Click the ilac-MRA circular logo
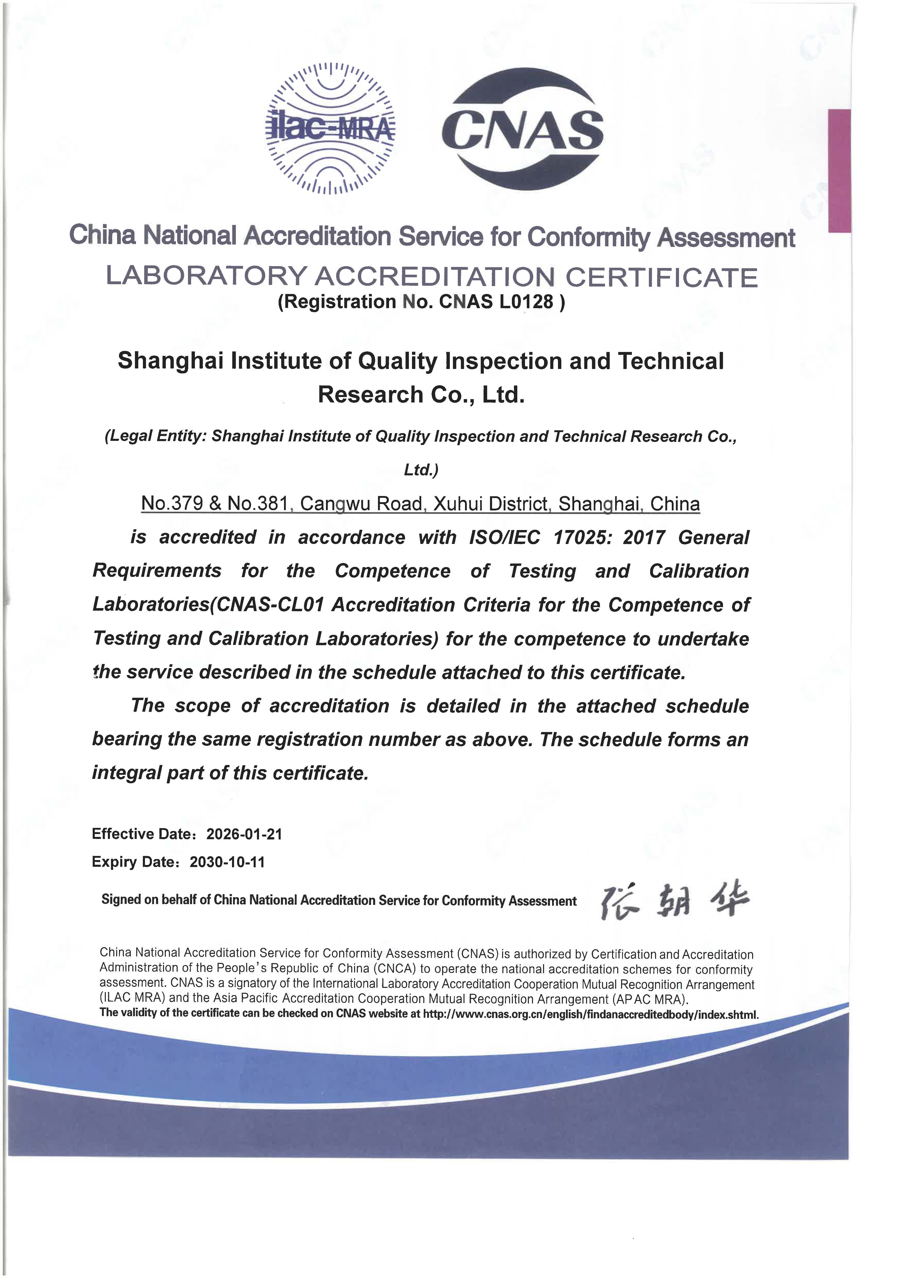331,128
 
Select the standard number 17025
581,538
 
